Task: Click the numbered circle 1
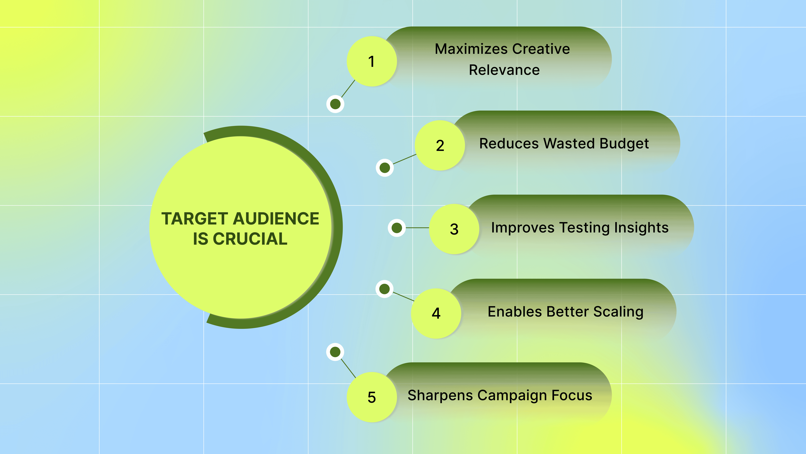(372, 61)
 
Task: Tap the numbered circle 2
(440, 145)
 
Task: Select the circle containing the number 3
(454, 229)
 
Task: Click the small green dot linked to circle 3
(397, 228)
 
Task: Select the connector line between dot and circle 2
(405, 159)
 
